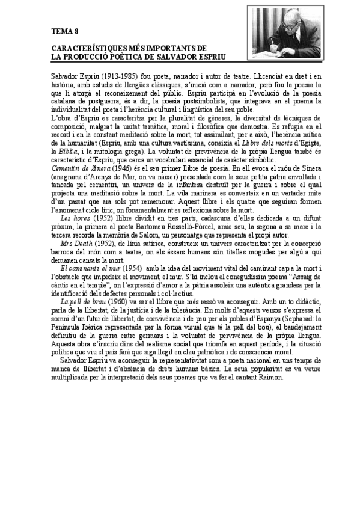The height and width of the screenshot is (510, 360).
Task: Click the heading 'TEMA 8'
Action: click(x=65, y=31)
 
